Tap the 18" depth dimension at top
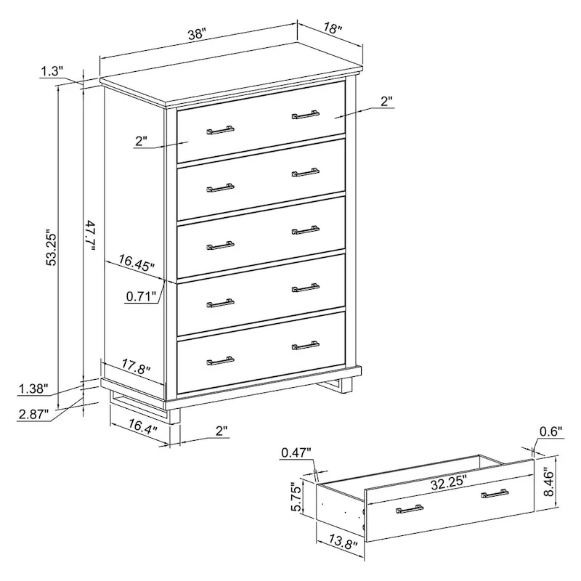click(x=332, y=29)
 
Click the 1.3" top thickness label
click(x=52, y=70)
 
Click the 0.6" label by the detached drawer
click(x=551, y=431)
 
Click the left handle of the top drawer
click(x=220, y=131)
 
